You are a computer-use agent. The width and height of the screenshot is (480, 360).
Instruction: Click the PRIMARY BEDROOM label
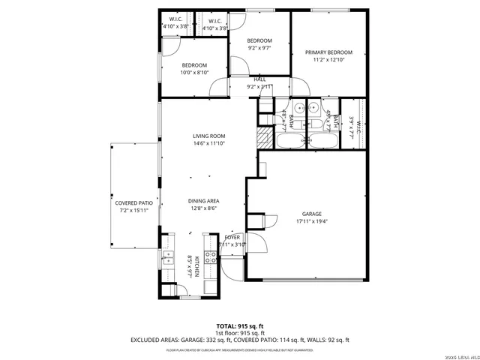tap(328, 52)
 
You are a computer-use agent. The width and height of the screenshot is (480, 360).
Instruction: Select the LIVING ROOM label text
tap(209, 136)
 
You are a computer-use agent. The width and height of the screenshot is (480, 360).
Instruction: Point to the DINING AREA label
tap(203, 201)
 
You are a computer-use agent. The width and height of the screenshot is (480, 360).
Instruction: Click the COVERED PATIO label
tap(132, 203)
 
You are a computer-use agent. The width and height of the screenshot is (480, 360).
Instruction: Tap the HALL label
tap(259, 79)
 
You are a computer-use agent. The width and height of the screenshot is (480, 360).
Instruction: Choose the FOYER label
tap(232, 236)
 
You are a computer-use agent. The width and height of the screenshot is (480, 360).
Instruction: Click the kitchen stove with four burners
tap(211, 257)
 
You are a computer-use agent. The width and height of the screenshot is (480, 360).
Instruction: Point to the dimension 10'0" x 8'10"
tap(193, 73)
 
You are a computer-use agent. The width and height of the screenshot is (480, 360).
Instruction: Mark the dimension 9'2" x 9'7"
tap(259, 48)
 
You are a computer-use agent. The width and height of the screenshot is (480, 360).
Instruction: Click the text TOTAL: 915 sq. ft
tap(240, 325)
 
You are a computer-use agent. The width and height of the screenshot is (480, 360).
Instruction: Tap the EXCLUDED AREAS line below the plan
tap(240, 340)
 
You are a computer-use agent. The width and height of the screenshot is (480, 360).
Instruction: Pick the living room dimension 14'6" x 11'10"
tap(209, 144)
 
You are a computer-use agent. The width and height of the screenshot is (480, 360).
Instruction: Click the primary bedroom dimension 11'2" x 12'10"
tap(328, 60)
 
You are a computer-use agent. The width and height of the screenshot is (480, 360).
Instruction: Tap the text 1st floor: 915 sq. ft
tap(240, 332)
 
